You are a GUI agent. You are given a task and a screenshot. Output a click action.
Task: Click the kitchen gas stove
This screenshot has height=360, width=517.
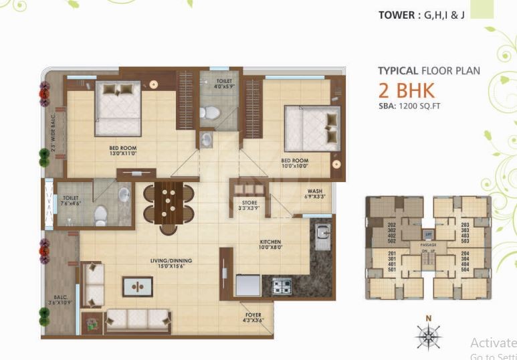(x=281, y=286)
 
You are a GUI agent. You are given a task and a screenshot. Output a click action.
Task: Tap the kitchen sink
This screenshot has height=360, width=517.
(x=322, y=236)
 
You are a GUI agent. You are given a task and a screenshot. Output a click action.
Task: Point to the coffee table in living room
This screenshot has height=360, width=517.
(x=137, y=286)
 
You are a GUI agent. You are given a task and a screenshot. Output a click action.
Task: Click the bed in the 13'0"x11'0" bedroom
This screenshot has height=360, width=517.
(x=118, y=108)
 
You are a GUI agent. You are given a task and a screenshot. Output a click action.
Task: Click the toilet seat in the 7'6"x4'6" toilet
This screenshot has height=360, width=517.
(x=100, y=214)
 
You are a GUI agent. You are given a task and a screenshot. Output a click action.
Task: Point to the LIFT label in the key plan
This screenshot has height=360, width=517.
(x=428, y=235)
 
